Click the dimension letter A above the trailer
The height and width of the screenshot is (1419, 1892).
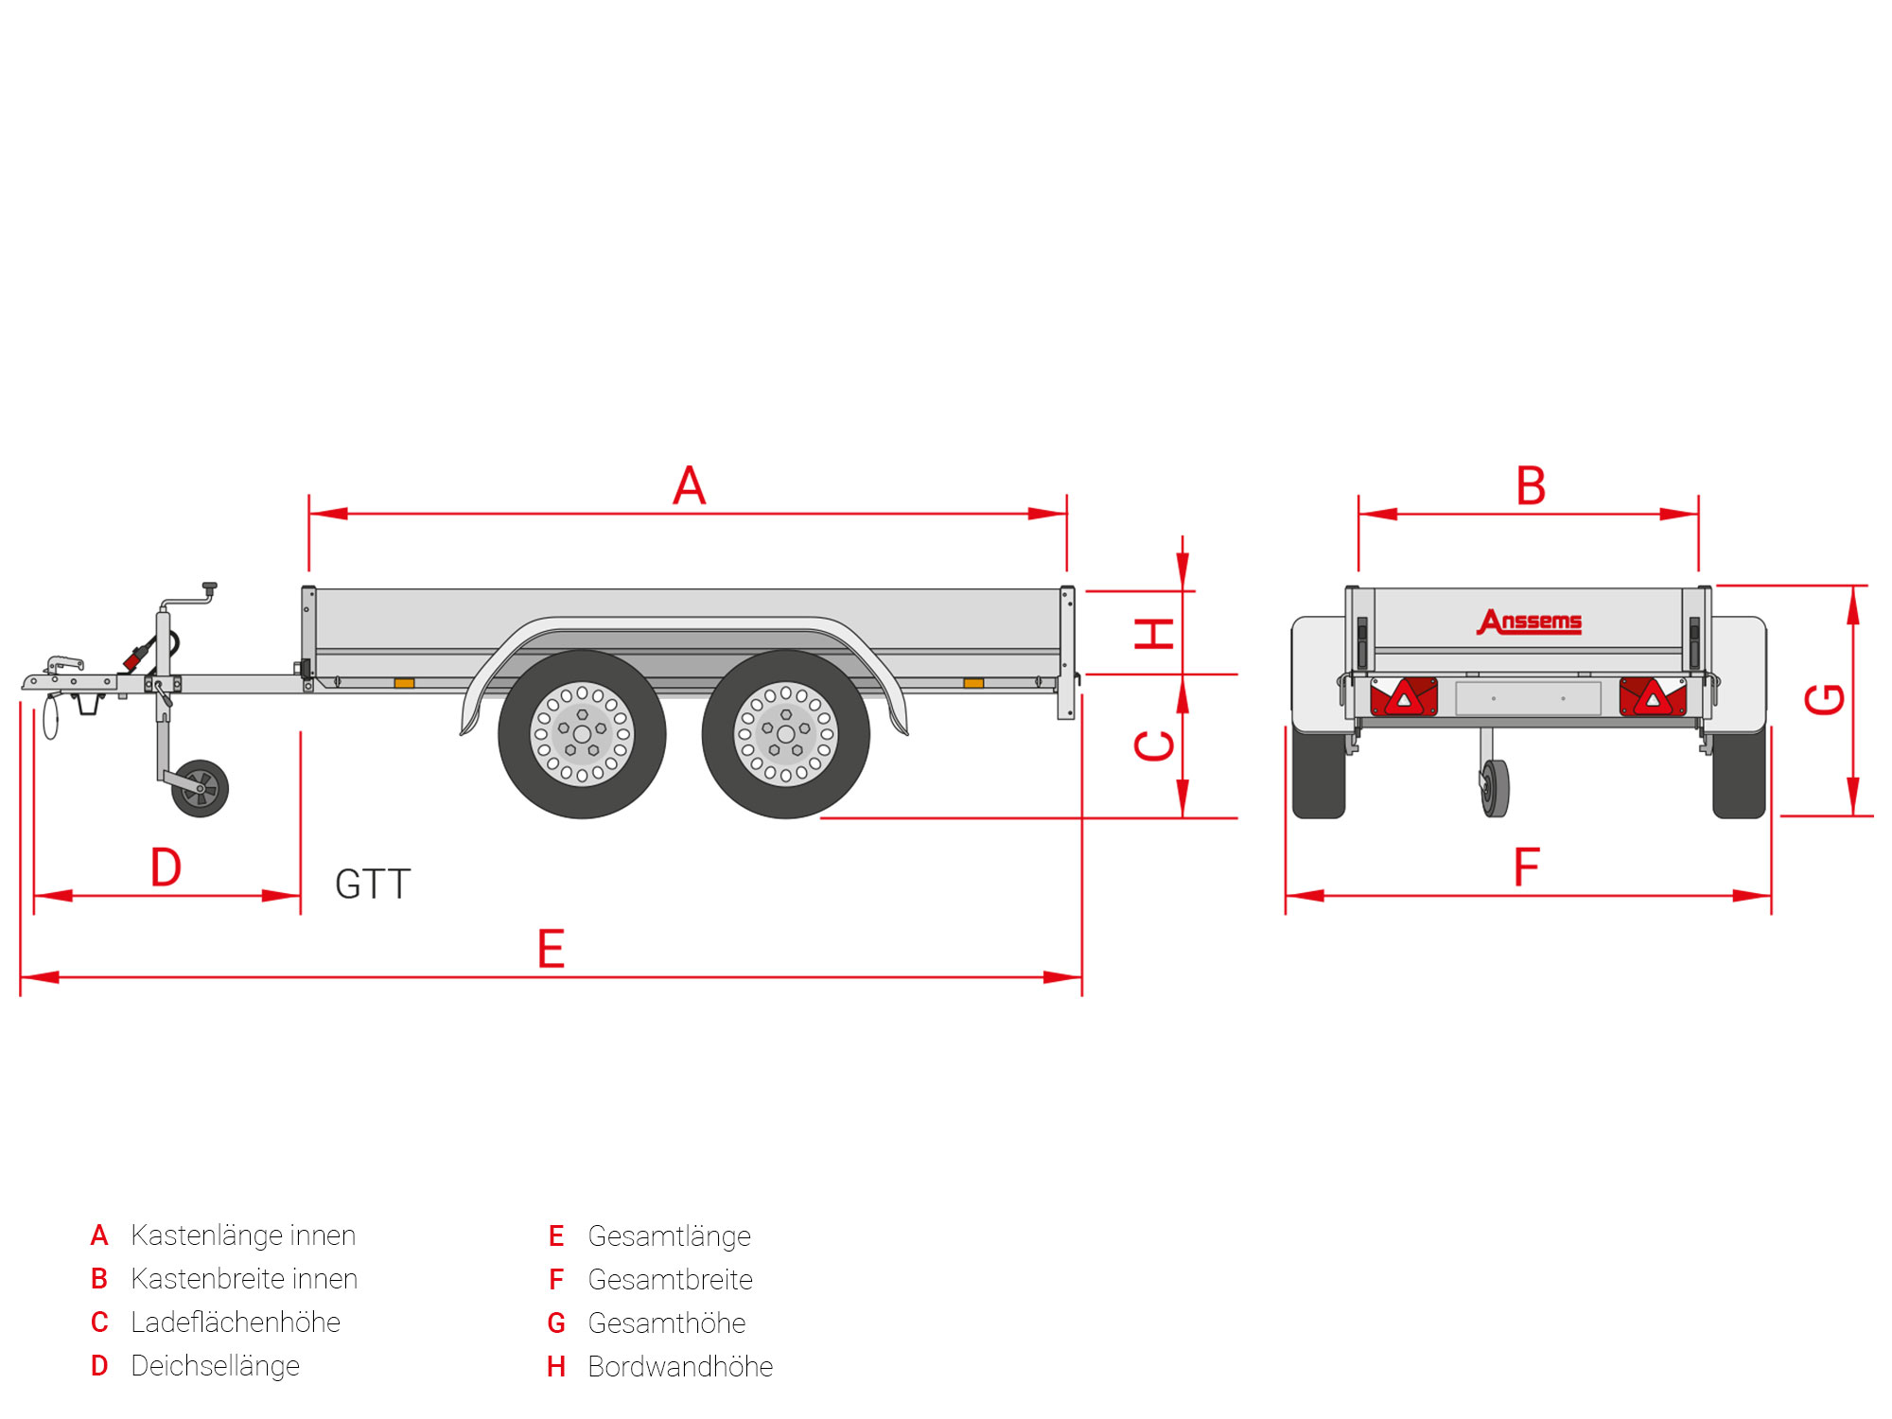point(690,486)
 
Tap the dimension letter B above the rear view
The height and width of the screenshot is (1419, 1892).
point(1531,486)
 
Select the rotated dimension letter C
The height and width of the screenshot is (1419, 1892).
point(1155,745)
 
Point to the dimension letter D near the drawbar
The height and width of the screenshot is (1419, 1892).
point(166,867)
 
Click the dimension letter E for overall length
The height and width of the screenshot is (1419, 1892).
point(551,949)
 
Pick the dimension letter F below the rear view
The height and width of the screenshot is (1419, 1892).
point(1527,867)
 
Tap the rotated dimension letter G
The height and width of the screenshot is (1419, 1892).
point(1825,699)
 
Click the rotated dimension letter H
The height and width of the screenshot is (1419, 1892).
point(1155,633)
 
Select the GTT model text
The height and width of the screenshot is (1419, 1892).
point(373,885)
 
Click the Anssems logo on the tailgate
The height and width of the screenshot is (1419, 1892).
point(1529,622)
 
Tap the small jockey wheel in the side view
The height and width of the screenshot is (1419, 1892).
point(200,788)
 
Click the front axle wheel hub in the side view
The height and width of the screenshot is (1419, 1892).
point(582,734)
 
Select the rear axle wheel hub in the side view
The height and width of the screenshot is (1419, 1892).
point(785,734)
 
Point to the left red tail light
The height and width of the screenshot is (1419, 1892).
point(1404,697)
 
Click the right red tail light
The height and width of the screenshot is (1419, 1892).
point(1653,697)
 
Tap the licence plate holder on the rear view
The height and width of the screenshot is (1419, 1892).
point(1528,699)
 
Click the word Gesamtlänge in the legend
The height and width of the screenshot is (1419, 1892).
point(669,1235)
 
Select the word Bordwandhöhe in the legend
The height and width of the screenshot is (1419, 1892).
point(680,1366)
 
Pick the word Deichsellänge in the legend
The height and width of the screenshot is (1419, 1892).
point(215,1365)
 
